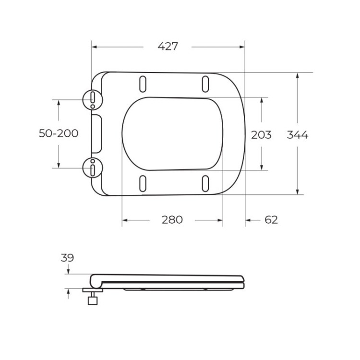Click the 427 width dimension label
[x=168, y=47]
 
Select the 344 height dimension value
[x=297, y=135]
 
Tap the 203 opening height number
[x=261, y=135]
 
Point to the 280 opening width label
[x=172, y=220]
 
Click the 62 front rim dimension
[x=271, y=220]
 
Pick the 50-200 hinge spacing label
[x=59, y=133]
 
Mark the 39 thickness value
[x=67, y=258]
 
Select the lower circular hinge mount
[x=92, y=168]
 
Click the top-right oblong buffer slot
[x=205, y=84]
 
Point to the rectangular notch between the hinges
[x=96, y=133]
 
